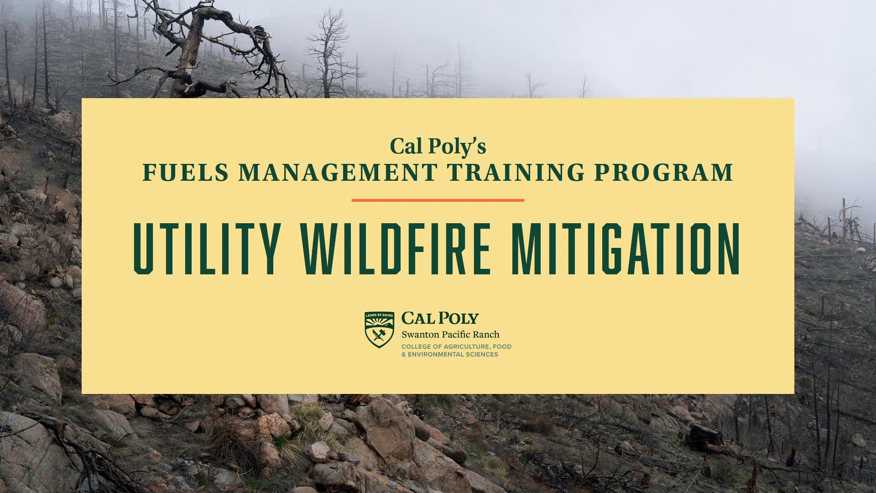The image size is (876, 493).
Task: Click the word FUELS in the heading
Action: pyautogui.click(x=185, y=173)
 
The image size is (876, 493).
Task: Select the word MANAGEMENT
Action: pyautogui.click(x=338, y=173)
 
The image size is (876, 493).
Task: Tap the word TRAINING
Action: pyautogui.click(x=516, y=173)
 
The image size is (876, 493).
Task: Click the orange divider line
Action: pyautogui.click(x=438, y=200)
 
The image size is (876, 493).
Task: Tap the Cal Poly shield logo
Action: pyautogui.click(x=379, y=330)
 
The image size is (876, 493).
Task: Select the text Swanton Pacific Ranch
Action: pyautogui.click(x=450, y=335)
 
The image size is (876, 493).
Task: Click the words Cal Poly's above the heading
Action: pyautogui.click(x=438, y=147)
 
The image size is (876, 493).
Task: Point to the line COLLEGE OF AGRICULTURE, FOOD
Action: pyautogui.click(x=456, y=346)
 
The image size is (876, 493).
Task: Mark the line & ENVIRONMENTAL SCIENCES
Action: pyautogui.click(x=449, y=355)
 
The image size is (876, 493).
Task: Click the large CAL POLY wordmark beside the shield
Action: pyautogui.click(x=440, y=318)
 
